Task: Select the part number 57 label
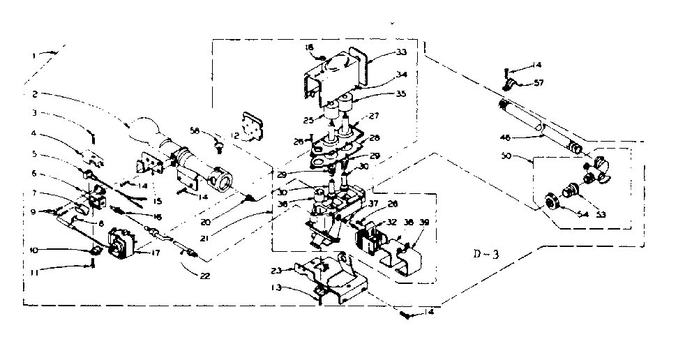coord(519,83)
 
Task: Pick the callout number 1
coord(34,54)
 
